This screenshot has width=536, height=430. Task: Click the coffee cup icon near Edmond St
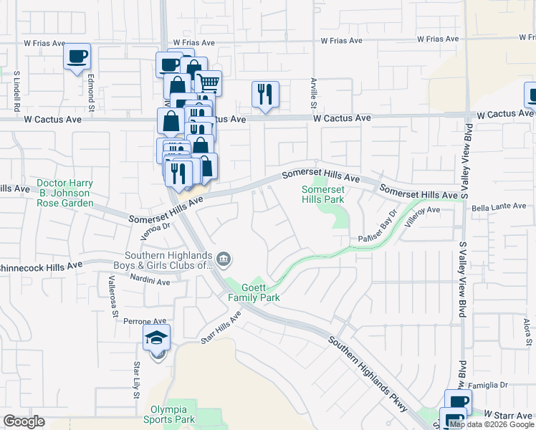(77, 57)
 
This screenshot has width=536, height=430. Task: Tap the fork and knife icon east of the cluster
(265, 93)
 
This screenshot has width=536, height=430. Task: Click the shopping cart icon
(208, 82)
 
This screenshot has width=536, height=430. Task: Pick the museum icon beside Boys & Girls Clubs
(224, 258)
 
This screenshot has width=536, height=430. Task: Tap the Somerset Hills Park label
(323, 194)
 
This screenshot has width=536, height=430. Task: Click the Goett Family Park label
(253, 292)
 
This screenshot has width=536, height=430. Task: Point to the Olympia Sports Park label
(168, 414)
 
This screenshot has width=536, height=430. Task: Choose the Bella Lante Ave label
(499, 206)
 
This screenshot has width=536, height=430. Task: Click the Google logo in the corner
(24, 421)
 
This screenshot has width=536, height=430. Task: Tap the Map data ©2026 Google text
(492, 424)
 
